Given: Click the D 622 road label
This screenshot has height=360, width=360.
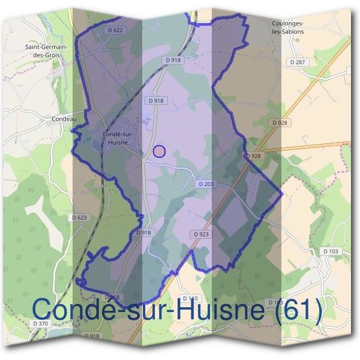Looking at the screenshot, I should tap(117, 30).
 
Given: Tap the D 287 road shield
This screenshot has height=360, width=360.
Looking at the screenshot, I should tap(298, 62).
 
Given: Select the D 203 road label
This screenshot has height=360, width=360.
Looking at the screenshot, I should tap(206, 184).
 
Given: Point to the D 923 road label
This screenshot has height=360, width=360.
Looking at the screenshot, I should tap(201, 234).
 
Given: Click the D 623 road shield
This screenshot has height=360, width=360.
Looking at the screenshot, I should tap(79, 218).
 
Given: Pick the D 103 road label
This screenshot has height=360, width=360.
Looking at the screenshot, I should tap(331, 251).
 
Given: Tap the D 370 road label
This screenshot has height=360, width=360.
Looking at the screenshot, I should tap(40, 323).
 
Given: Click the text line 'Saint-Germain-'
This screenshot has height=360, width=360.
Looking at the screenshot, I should tap(46, 46).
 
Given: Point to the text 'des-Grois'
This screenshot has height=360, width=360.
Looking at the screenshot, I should tap(46, 55).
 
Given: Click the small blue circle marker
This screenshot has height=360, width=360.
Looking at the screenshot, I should tap(159, 151).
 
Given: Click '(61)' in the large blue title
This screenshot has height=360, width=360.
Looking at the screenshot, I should tap(299, 310).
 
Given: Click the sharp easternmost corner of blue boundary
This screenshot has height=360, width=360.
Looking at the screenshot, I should tap(282, 194).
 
